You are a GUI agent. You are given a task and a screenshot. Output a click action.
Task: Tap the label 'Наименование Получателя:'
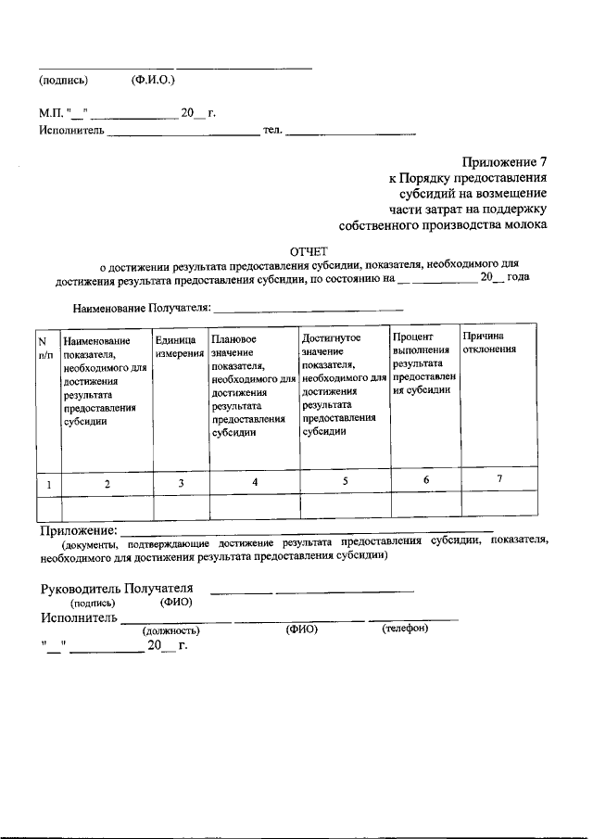click(x=142, y=308)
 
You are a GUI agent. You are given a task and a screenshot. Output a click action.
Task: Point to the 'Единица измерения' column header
click(x=181, y=348)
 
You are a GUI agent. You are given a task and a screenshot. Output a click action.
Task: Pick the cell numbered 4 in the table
click(x=254, y=482)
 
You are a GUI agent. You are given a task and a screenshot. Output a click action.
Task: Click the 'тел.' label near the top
click(x=271, y=131)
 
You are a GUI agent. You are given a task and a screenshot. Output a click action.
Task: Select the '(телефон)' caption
click(x=405, y=629)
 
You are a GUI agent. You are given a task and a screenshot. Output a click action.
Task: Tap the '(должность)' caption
click(x=171, y=630)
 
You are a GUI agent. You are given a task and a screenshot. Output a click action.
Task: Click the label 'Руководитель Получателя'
click(x=117, y=589)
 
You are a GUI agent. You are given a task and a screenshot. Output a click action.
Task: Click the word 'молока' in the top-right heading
click(x=523, y=224)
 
